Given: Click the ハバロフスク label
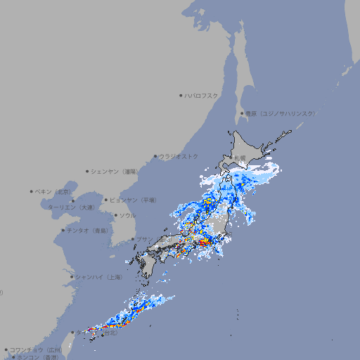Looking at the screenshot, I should click(202, 95).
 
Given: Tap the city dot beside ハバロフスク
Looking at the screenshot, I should click(181, 95).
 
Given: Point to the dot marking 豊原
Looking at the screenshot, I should click(242, 113).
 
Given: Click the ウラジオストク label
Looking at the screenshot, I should click(179, 156).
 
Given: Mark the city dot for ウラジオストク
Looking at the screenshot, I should click(155, 156).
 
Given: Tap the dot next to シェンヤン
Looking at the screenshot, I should click(88, 171).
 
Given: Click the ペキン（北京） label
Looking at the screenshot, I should click(53, 191).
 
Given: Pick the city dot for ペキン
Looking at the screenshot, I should click(32, 191).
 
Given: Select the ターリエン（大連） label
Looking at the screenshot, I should click(70, 207).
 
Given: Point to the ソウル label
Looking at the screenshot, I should click(127, 215).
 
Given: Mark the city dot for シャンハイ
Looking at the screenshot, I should click(72, 277).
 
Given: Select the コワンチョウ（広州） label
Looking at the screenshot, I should click(35, 349).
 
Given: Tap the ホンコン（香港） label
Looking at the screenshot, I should click(38, 357).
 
